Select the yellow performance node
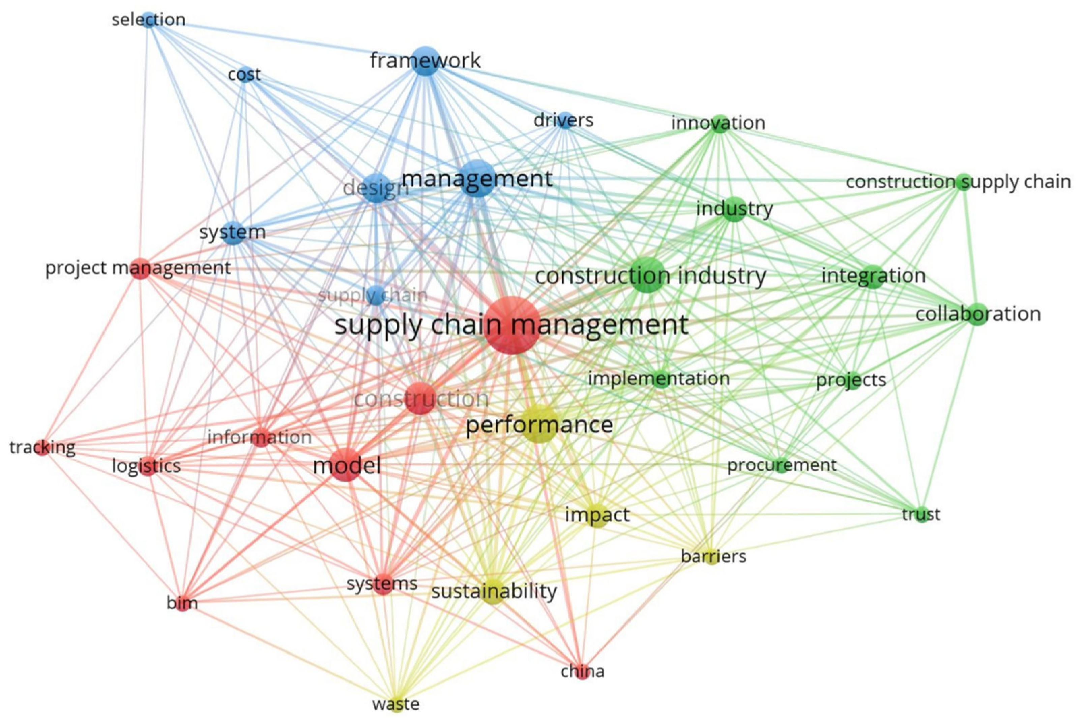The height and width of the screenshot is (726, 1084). pos(539,424)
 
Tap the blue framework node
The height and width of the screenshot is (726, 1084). pos(425,61)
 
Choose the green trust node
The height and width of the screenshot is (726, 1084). pos(921,514)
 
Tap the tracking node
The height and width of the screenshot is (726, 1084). pos(42,447)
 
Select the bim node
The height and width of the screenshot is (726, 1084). pos(182,603)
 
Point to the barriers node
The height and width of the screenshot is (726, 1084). pos(713,556)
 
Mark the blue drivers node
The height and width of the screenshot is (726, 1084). pos(564,120)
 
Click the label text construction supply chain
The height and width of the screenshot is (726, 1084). pos(958,182)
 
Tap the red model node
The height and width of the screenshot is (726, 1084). pos(346,465)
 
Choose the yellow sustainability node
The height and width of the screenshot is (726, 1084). pos(493,591)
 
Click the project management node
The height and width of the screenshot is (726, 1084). pos(140,268)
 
